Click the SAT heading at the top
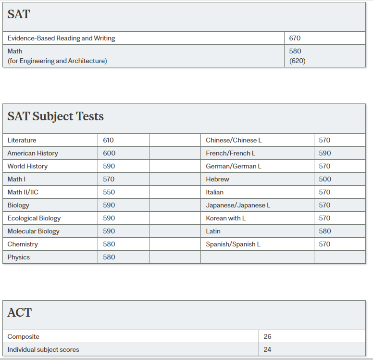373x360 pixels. tap(19, 14)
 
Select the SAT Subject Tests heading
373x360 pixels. tap(55, 116)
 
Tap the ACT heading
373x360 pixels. tap(20, 313)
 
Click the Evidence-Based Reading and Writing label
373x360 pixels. tap(61, 38)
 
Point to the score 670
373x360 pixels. tap(295, 38)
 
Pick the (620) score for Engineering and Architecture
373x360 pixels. tap(297, 61)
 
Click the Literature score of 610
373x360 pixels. tap(109, 140)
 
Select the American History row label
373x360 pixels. tap(33, 153)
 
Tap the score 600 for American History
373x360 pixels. tap(109, 153)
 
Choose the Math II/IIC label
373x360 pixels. tap(23, 192)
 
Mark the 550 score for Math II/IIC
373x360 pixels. tap(109, 192)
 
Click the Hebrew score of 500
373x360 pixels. tap(325, 179)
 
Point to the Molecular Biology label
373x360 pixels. tap(34, 231)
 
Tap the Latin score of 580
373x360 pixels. tap(325, 231)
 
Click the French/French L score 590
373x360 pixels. tap(325, 153)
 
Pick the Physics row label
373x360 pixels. tap(19, 257)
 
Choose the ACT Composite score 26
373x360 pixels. tap(267, 336)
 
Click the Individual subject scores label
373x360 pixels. tap(43, 349)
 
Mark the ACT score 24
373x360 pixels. tap(267, 349)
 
